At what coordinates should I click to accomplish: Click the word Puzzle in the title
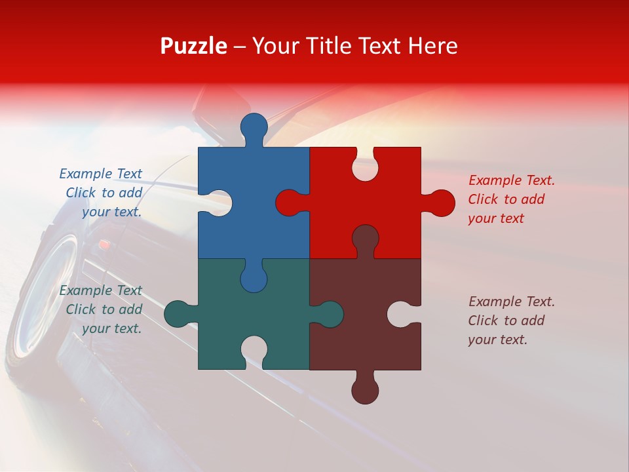[x=193, y=46]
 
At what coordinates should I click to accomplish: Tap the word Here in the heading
[x=432, y=46]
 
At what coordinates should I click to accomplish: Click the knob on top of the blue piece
[x=254, y=127]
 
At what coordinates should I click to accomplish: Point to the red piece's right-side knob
[x=440, y=203]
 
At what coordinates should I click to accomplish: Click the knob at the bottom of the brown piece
[x=365, y=390]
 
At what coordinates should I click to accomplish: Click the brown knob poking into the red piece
[x=365, y=238]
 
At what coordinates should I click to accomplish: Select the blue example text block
[x=102, y=193]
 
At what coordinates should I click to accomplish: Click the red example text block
[x=511, y=199]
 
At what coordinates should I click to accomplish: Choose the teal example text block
[x=102, y=309]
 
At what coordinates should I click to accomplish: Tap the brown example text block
[x=511, y=321]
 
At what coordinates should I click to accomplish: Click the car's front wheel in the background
[x=46, y=295]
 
